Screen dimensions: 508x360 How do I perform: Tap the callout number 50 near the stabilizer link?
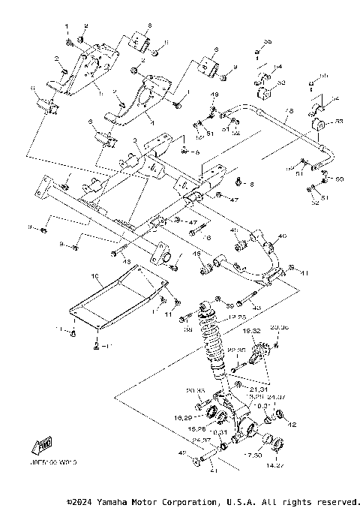[x=339, y=179]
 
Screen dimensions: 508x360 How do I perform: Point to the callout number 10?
[x=94, y=276]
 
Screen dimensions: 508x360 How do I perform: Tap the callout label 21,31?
[x=259, y=389]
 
